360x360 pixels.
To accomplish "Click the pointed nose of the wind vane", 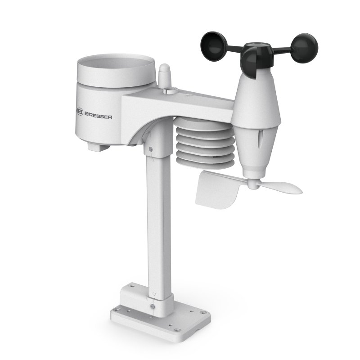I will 297,189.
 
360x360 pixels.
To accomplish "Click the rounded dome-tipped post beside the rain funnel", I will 164,76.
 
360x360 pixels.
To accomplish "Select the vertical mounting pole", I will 155,225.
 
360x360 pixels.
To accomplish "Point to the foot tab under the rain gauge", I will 98,146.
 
